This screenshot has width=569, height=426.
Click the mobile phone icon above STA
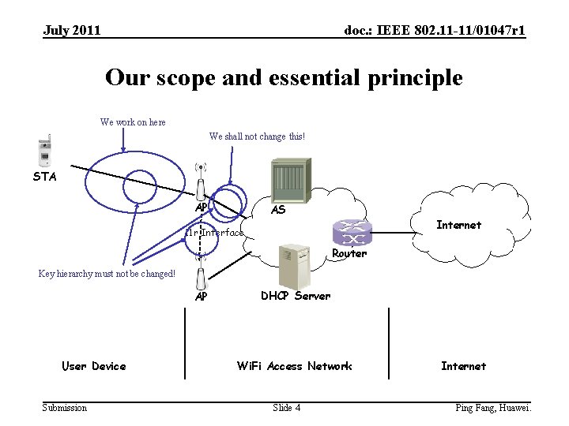pos(45,151)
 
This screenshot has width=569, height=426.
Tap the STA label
pos(44,177)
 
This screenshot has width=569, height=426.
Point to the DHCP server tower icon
pos(294,265)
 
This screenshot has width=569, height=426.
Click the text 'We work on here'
pos(133,122)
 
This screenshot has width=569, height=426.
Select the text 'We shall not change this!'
pos(257,136)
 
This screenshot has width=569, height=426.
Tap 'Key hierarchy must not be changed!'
pos(107,274)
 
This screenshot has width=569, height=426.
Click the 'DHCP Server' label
pos(296,296)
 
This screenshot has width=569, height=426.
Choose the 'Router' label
pos(349,254)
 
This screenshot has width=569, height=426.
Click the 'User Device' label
pos(93,366)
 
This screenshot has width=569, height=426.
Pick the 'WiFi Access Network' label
pos(295,366)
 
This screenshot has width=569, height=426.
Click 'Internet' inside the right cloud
pos(458,225)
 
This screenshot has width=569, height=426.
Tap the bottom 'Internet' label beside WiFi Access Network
pos(463,366)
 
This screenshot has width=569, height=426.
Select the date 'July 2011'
pos(72,31)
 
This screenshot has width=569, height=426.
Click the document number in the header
pos(435,31)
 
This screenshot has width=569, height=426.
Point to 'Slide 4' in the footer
pos(286,408)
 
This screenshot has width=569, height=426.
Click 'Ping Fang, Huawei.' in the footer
pos(494,408)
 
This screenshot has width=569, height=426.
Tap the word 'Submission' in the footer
pos(65,408)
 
